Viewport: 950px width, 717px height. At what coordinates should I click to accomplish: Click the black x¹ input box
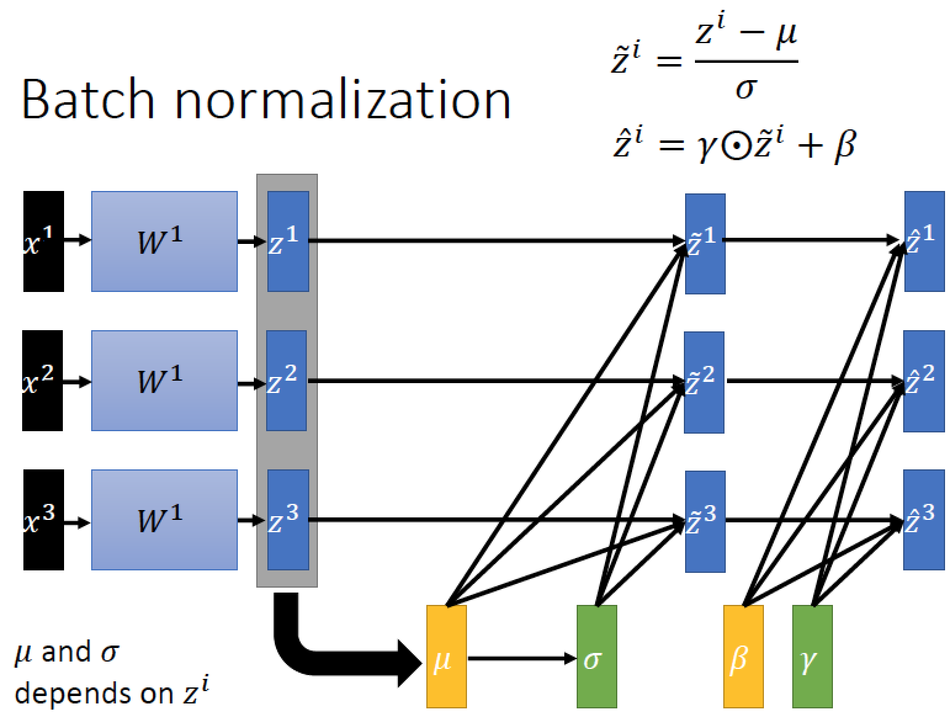pyautogui.click(x=43, y=241)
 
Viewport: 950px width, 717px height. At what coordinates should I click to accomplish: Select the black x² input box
pyautogui.click(x=43, y=380)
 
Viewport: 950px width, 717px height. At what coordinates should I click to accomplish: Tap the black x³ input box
pyautogui.click(x=43, y=519)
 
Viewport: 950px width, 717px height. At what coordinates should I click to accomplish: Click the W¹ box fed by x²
pyautogui.click(x=164, y=380)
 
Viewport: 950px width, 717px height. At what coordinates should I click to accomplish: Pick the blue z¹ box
pyautogui.click(x=288, y=241)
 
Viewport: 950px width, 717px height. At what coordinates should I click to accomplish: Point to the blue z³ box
pyautogui.click(x=288, y=519)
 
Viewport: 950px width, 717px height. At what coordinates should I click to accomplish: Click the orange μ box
pyautogui.click(x=446, y=656)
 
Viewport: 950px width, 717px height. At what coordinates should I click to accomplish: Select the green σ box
pyautogui.click(x=596, y=656)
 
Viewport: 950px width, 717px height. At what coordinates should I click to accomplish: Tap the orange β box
pyautogui.click(x=743, y=656)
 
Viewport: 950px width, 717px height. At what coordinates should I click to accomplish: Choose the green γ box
pyautogui.click(x=812, y=656)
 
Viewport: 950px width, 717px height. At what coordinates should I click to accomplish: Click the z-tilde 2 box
pyautogui.click(x=704, y=382)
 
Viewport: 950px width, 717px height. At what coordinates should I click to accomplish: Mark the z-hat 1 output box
pyautogui.click(x=924, y=241)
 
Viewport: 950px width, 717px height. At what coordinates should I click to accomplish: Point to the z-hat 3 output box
pyautogui.click(x=924, y=519)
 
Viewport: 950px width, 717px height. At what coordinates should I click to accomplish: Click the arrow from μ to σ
pyautogui.click(x=521, y=658)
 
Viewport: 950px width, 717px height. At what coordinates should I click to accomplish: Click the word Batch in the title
pyautogui.click(x=87, y=100)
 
